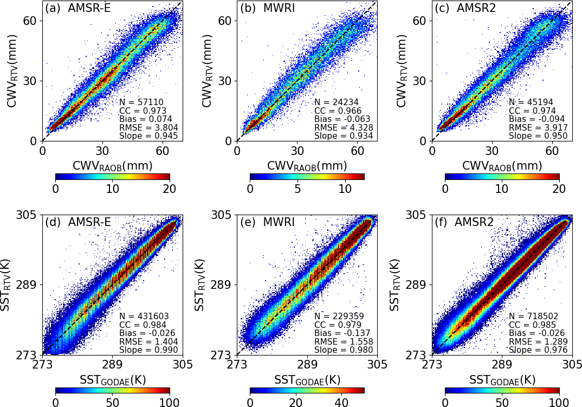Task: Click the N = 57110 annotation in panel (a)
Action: point(141,102)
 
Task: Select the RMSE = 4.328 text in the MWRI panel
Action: point(337,127)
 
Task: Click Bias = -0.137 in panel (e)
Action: point(340,333)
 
